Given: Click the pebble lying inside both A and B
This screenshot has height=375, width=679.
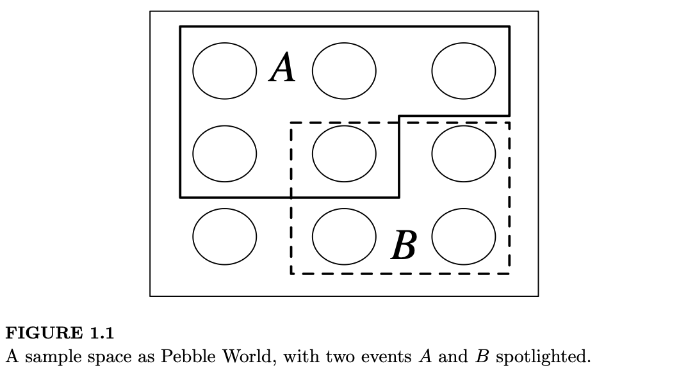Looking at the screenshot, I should point(345,153).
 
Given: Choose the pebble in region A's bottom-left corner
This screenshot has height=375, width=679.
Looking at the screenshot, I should point(225,153).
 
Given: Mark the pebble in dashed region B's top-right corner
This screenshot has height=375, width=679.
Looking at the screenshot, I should point(464,153).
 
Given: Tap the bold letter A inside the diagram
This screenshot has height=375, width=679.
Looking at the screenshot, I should point(282,68).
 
